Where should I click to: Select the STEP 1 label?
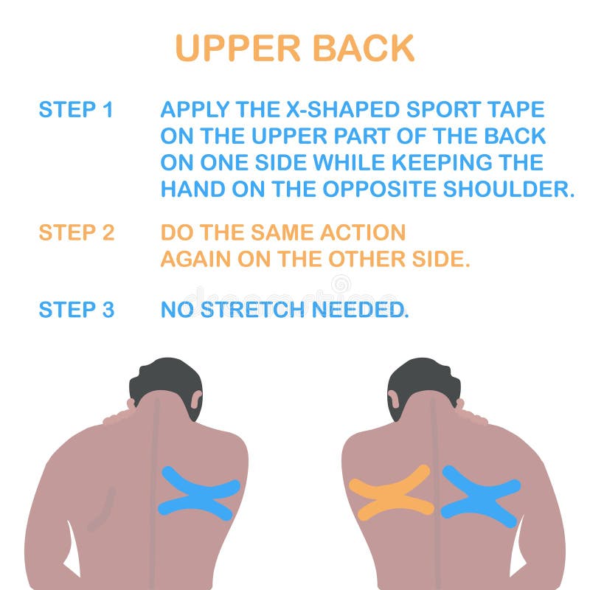tap(76, 110)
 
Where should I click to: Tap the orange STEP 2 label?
tap(76, 233)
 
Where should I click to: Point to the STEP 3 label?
tap(76, 310)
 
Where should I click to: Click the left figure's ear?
tap(197, 401)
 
